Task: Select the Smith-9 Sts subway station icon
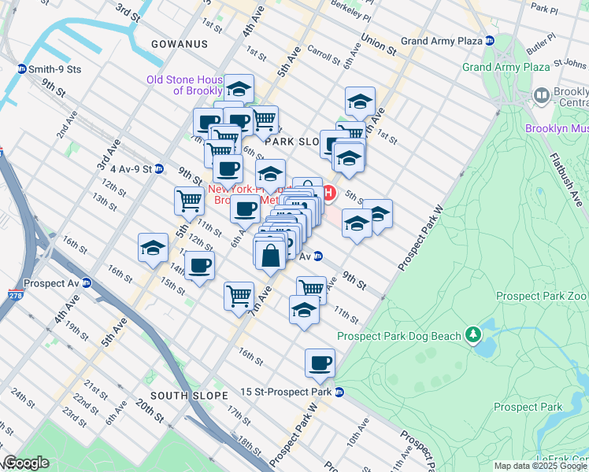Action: [x=21, y=69]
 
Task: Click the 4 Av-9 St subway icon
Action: [x=158, y=168]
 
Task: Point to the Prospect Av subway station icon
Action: [x=87, y=283]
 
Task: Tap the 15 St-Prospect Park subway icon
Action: [x=339, y=392]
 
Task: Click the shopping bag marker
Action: [x=270, y=256]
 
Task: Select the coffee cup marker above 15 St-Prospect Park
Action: [x=320, y=363]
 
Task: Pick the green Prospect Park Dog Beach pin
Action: [x=472, y=336]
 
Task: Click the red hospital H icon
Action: [x=329, y=193]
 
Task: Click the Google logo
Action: [x=25, y=463]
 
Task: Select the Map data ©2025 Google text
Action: [x=541, y=466]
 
